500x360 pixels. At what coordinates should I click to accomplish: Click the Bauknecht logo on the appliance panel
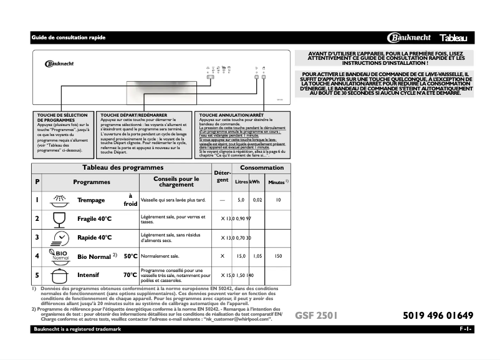pos(59,62)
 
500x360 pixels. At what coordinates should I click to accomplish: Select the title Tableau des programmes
pos(123,168)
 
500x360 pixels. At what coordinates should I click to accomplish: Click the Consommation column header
pos(261,168)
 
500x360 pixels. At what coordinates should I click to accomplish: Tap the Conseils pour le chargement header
pos(176,182)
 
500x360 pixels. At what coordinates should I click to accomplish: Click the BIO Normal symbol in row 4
pos(60,256)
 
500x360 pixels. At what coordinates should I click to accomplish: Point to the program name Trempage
pos(90,200)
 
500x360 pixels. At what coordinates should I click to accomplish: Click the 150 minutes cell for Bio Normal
pos(278,256)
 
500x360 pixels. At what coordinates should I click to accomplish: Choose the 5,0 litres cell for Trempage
pos(241,200)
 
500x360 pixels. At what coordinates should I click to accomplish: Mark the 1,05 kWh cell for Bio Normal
pos(257,256)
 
